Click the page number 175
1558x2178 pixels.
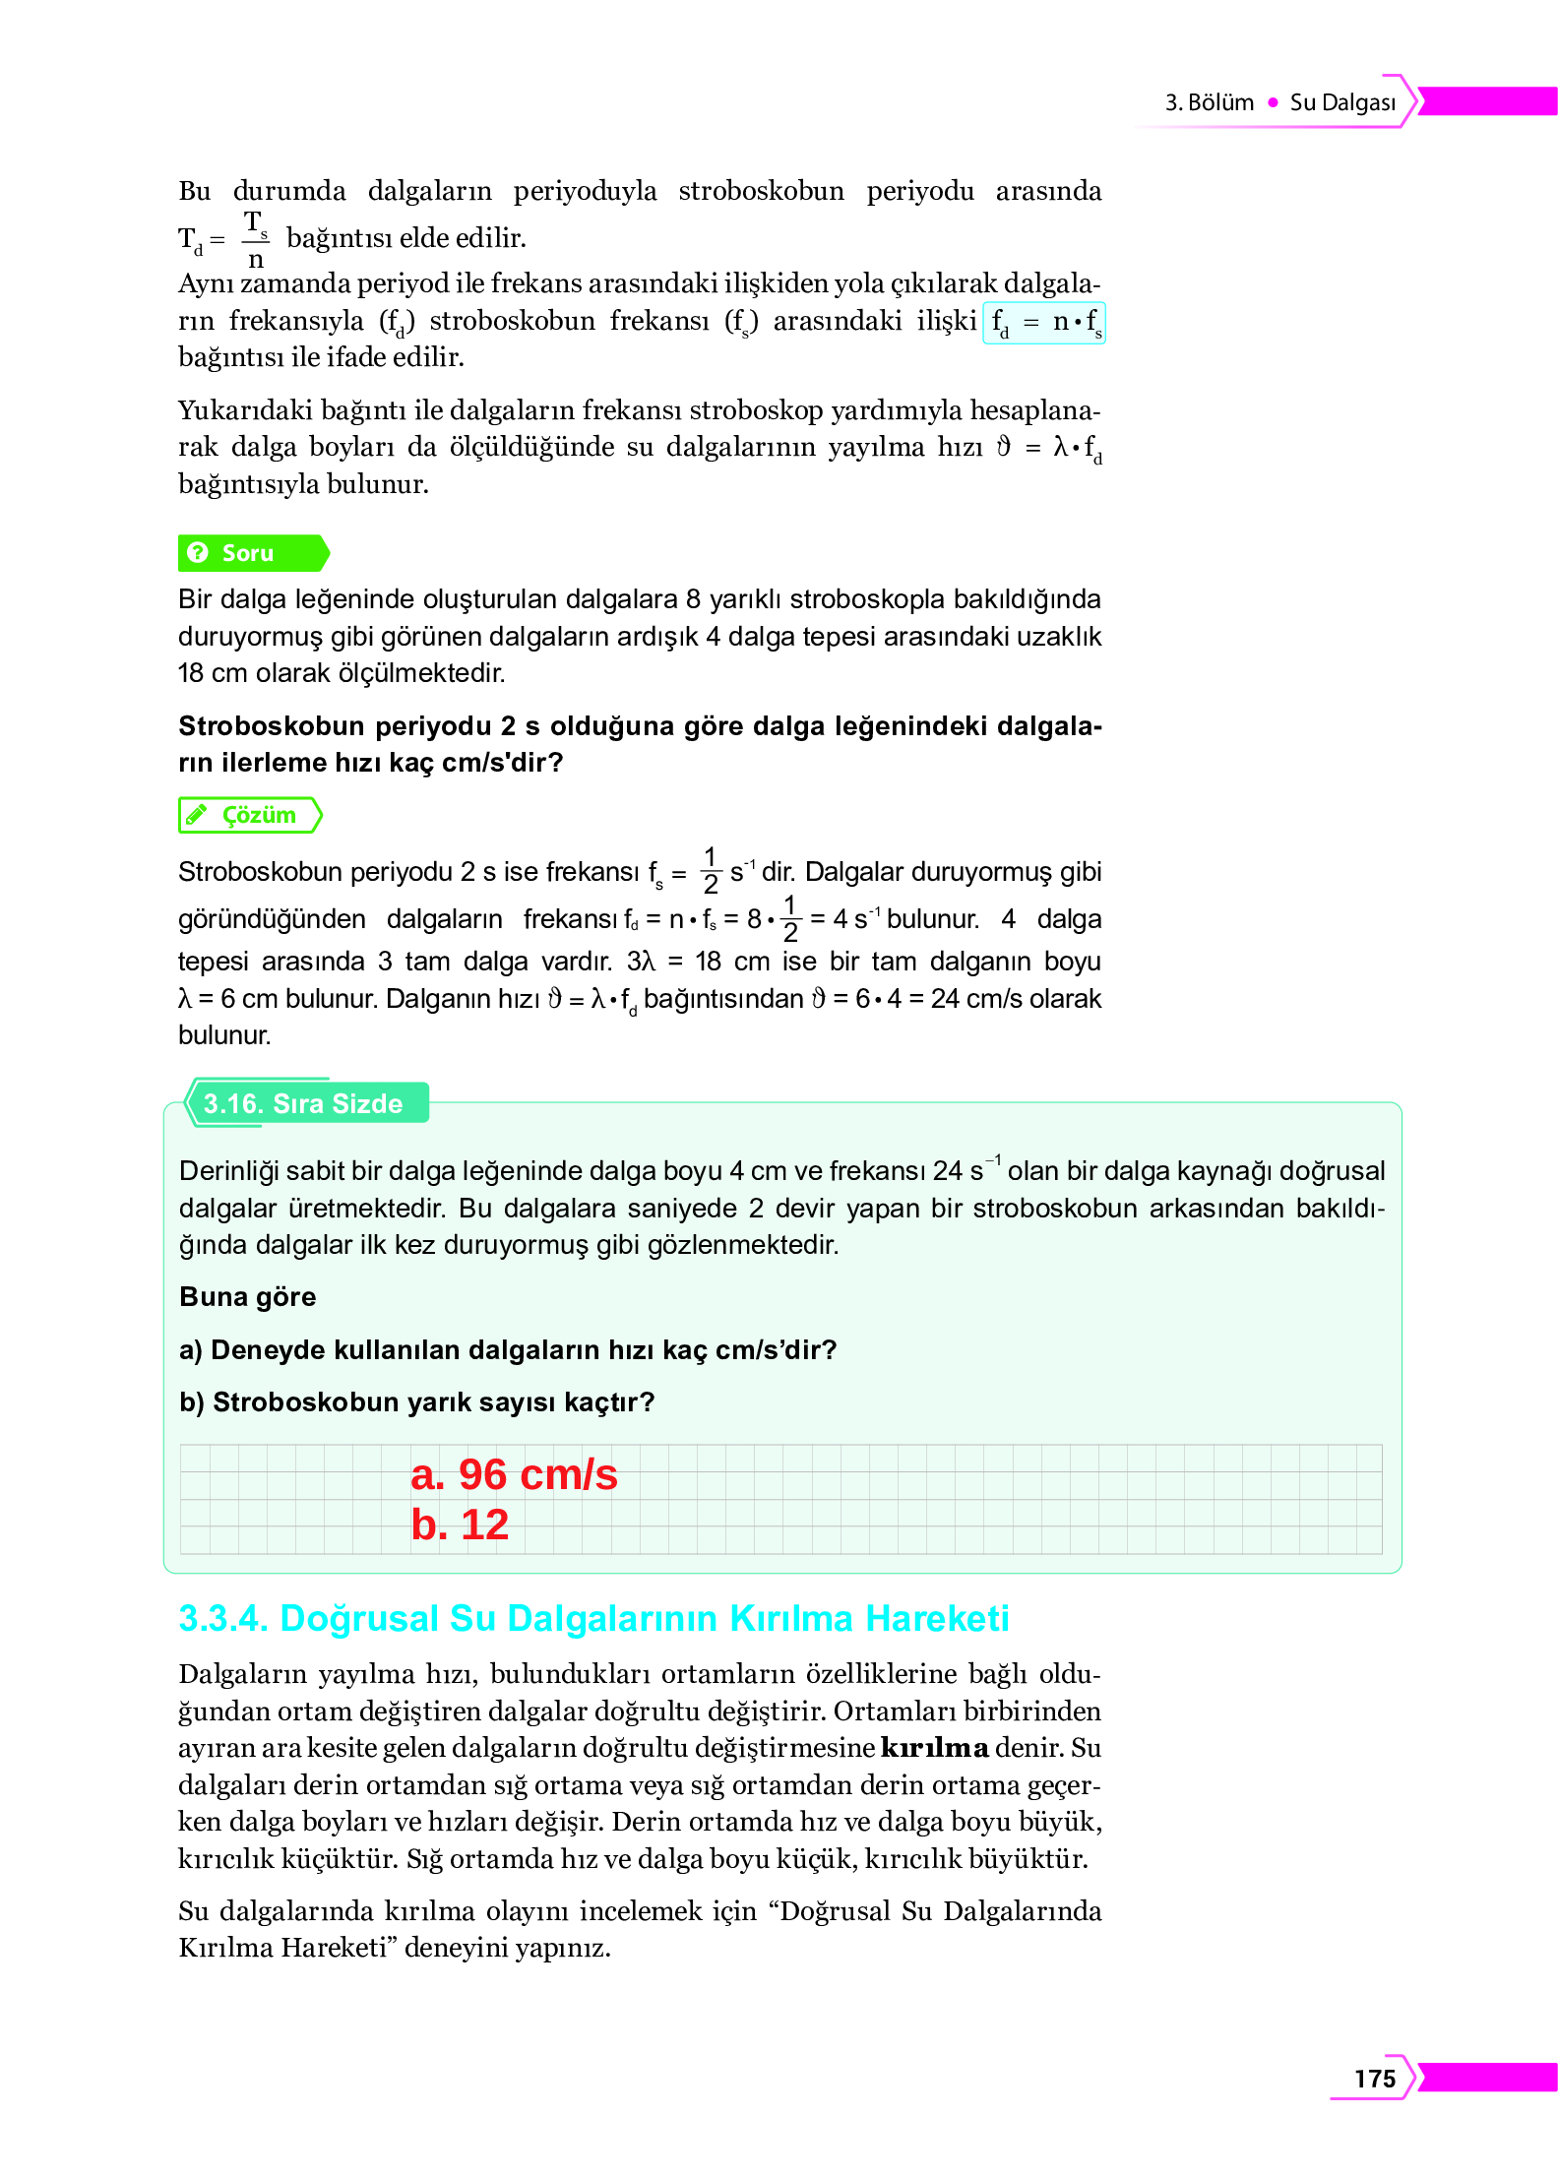[x=1374, y=2078]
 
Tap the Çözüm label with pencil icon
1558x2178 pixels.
[x=250, y=815]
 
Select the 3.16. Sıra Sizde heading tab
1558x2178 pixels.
[x=303, y=1103]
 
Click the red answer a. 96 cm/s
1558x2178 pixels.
[x=514, y=1474]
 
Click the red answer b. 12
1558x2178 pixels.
[x=460, y=1525]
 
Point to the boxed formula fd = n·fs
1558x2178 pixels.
[x=1044, y=322]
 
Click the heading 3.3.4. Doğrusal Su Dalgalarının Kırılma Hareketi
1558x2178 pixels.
[x=593, y=1618]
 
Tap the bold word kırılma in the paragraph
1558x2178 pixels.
[x=934, y=1748]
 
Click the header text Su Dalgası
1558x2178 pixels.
[x=1342, y=102]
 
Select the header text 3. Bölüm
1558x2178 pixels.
[x=1209, y=102]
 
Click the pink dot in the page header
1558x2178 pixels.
[x=1273, y=102]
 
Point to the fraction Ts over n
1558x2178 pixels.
[x=255, y=239]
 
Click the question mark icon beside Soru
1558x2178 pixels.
[x=198, y=553]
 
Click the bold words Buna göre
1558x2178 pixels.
[x=248, y=1296]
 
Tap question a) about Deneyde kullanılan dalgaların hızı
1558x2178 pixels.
[x=508, y=1349]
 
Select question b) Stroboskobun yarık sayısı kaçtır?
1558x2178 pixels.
[x=417, y=1401]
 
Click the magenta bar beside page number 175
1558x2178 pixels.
[x=1486, y=2077]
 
